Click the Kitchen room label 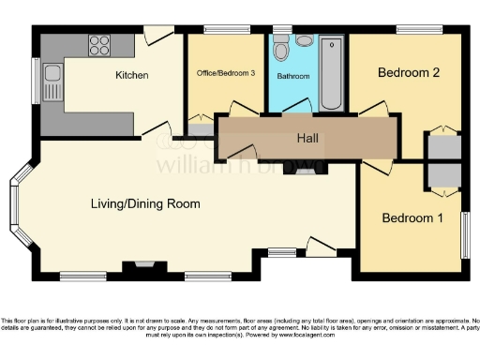[x=131, y=74]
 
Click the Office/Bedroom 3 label [x=225, y=72]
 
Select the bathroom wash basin [x=304, y=41]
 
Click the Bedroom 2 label [x=408, y=72]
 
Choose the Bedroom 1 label [x=412, y=217]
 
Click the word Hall [x=307, y=139]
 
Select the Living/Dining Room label [x=145, y=203]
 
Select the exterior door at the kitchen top [x=160, y=34]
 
